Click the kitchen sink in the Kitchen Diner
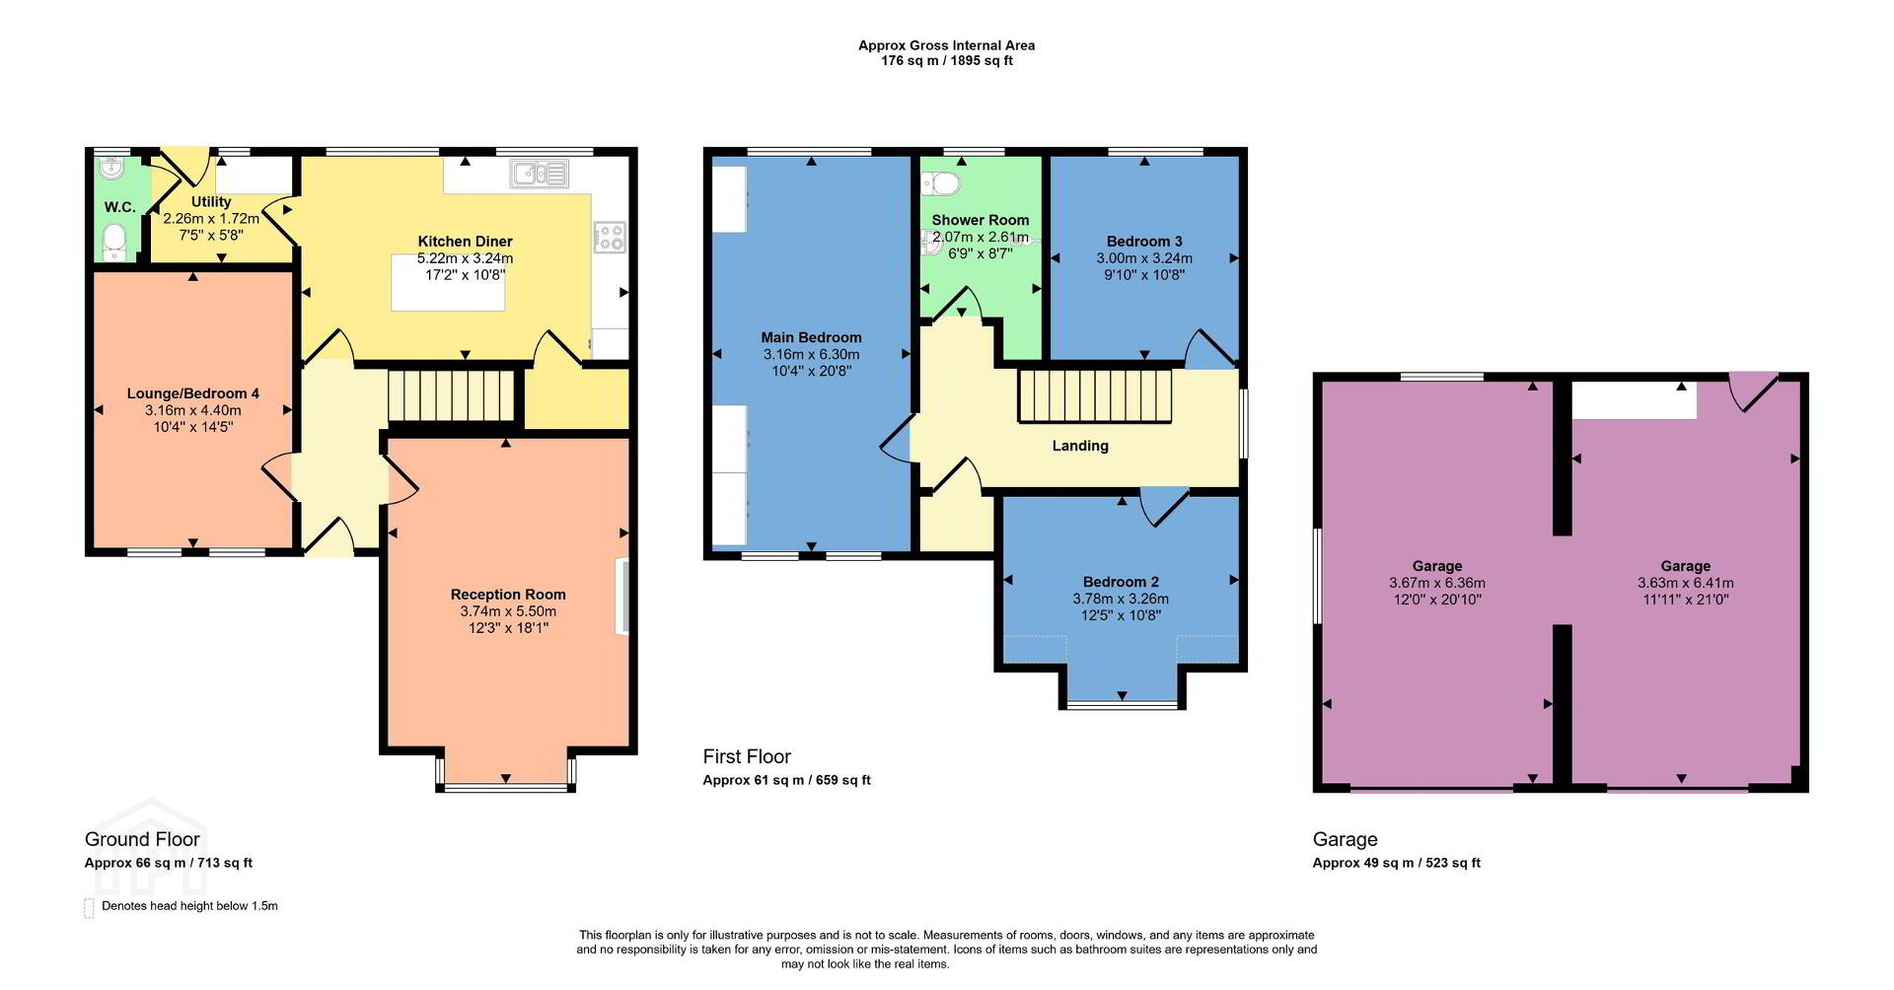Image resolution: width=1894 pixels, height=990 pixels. coord(539,175)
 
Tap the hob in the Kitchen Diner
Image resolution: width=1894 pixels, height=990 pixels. coord(609,237)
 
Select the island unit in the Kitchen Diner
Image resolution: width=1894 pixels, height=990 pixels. coord(448,283)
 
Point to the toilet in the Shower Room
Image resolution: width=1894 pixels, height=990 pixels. coord(940,183)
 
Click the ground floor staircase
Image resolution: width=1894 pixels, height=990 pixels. coord(453,394)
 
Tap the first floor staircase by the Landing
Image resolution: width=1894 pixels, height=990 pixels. coord(1095,394)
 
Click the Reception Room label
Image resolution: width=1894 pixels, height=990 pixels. coord(508,595)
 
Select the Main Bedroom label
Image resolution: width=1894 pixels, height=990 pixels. coord(811,337)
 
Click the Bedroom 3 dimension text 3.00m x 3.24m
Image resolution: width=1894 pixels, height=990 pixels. coord(1144,258)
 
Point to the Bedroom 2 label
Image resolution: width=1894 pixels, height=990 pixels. coord(1121,582)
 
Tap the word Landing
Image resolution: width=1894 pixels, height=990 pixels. coord(1080,446)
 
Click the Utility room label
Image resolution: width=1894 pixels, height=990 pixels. coord(211,202)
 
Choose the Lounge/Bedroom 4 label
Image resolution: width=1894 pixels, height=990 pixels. coord(193,393)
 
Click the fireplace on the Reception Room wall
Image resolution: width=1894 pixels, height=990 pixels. coord(622,597)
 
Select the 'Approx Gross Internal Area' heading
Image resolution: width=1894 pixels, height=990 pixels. coord(946,45)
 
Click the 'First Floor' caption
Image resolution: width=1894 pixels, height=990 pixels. coord(747,756)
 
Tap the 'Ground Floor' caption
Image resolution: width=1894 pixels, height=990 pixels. coord(142,839)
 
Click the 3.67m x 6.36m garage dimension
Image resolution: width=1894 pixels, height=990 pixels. coord(1436,583)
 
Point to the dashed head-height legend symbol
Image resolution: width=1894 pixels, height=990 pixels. coord(89,907)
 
